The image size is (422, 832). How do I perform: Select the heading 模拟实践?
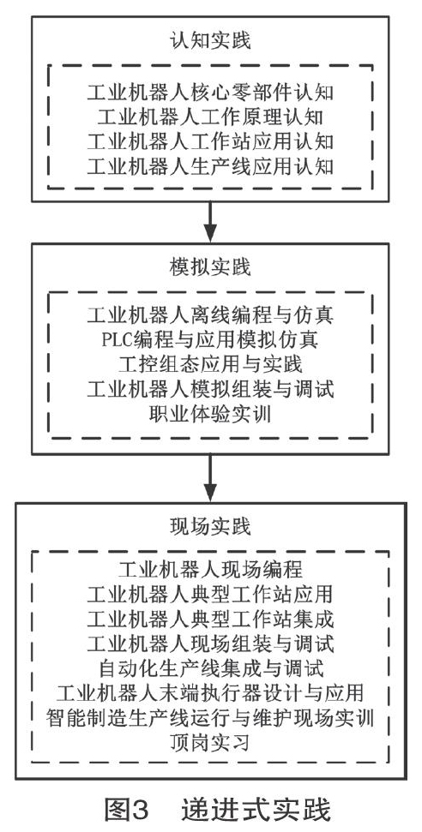click(210, 267)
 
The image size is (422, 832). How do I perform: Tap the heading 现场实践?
click(210, 526)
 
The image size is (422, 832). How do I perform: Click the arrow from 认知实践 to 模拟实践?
click(210, 222)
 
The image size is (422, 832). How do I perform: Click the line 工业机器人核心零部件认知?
click(210, 93)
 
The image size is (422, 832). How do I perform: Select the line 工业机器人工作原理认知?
click(210, 117)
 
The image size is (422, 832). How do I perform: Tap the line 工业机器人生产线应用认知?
click(210, 167)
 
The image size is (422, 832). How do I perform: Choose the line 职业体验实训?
click(210, 414)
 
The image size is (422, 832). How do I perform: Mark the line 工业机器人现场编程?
click(210, 569)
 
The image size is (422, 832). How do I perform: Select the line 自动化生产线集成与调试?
click(210, 667)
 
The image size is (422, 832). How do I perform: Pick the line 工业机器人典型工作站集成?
click(210, 618)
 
